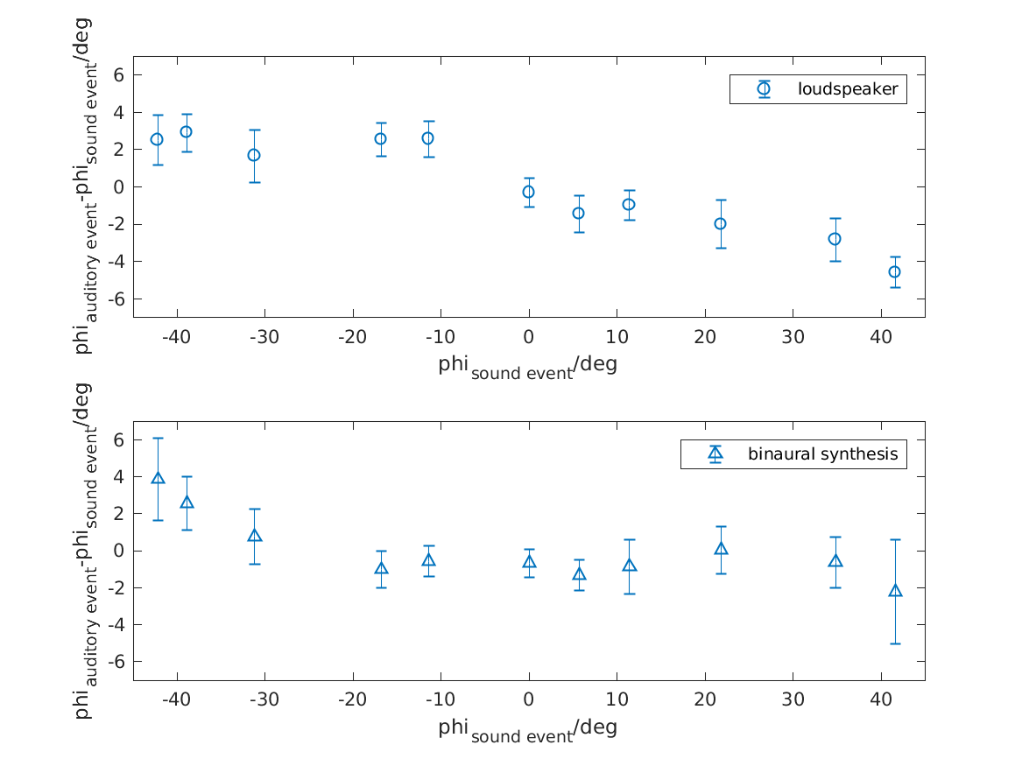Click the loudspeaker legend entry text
click(x=847, y=89)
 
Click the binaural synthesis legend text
click(x=822, y=453)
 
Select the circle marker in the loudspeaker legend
click(x=765, y=88)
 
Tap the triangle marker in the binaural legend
click(x=715, y=453)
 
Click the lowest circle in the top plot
click(x=894, y=272)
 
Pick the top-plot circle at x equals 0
click(x=528, y=192)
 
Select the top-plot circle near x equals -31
click(x=254, y=155)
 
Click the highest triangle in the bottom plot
click(x=158, y=478)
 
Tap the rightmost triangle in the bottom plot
click(x=895, y=591)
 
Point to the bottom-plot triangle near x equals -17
click(x=381, y=568)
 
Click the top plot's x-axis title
click(x=527, y=366)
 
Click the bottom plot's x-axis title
click(x=527, y=729)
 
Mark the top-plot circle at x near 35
click(x=835, y=239)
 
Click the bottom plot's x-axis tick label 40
click(x=880, y=701)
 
